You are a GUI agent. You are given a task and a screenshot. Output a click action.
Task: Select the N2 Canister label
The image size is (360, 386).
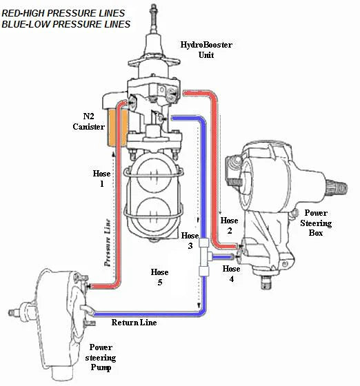(x=88, y=122)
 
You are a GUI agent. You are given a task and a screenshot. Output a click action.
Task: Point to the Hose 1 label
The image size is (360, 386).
(x=101, y=179)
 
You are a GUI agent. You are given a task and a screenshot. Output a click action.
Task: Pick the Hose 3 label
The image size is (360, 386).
(x=188, y=241)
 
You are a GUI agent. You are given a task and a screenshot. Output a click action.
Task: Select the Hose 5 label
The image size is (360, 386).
(x=159, y=277)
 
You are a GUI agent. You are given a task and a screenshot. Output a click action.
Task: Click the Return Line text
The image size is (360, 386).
(x=134, y=323)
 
